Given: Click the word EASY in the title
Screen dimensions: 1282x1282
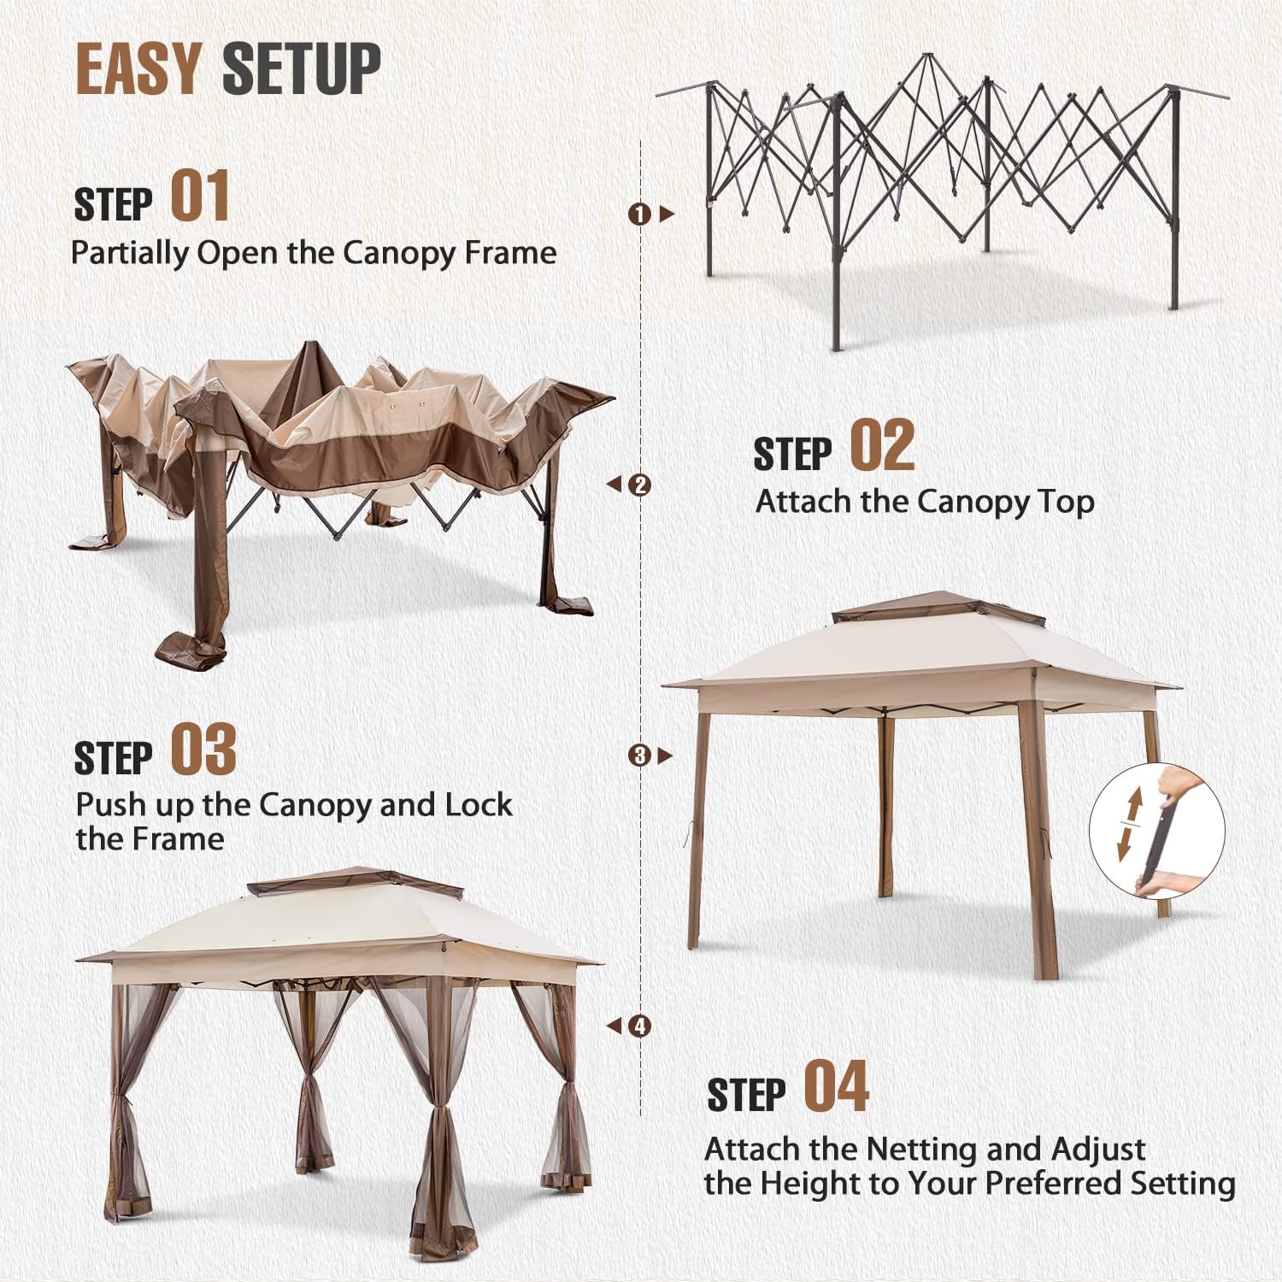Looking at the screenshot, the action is [x=138, y=68].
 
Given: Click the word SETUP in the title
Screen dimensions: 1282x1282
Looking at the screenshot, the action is [x=302, y=68].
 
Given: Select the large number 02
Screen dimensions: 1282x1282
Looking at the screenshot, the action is [x=882, y=445].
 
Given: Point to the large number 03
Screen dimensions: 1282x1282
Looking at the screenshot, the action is [x=203, y=749].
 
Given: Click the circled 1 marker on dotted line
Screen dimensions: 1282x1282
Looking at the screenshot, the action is [x=639, y=214].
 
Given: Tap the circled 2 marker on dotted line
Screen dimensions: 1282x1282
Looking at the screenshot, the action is [x=639, y=485].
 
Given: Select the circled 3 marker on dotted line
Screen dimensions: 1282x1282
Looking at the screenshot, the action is [x=639, y=756].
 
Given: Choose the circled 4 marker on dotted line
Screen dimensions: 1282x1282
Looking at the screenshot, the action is [x=639, y=1026].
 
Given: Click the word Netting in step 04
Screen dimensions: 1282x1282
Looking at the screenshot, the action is [x=923, y=1150].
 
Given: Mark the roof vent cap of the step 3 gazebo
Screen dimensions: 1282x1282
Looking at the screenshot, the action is [x=938, y=609].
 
